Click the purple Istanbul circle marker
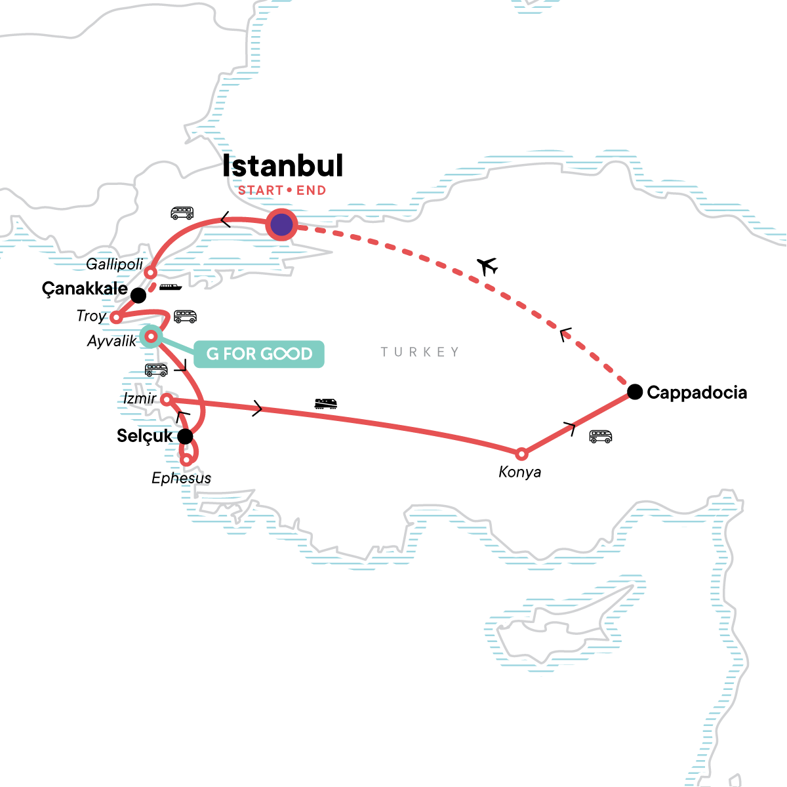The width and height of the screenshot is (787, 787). pyautogui.click(x=281, y=226)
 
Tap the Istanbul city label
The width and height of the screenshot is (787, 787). pyautogui.click(x=283, y=166)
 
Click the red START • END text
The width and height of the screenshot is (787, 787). pyautogui.click(x=282, y=191)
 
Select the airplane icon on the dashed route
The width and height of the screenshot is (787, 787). pyautogui.click(x=487, y=266)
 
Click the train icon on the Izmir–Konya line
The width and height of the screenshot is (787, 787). pyautogui.click(x=326, y=403)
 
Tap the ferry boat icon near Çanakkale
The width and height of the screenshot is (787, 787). pyautogui.click(x=171, y=287)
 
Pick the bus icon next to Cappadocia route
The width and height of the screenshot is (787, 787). pyautogui.click(x=600, y=436)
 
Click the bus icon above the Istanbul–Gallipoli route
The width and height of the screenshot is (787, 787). pyautogui.click(x=182, y=212)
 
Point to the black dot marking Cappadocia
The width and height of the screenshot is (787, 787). pyautogui.click(x=634, y=392)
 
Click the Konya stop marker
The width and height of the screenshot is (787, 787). pyautogui.click(x=521, y=454)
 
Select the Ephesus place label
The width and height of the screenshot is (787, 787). pyautogui.click(x=182, y=478)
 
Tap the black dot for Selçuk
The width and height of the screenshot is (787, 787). pyautogui.click(x=186, y=435)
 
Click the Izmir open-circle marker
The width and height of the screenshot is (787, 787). pyautogui.click(x=167, y=399)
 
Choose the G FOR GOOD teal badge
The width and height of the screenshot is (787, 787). pyautogui.click(x=259, y=354)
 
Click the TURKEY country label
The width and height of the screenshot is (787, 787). pyautogui.click(x=420, y=352)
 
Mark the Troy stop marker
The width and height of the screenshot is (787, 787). pyautogui.click(x=115, y=317)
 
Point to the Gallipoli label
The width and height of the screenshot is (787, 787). pyautogui.click(x=115, y=264)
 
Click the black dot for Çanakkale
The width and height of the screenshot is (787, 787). pyautogui.click(x=138, y=295)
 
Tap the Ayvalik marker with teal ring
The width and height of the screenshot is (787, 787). pyautogui.click(x=151, y=336)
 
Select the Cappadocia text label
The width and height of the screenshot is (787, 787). pyautogui.click(x=696, y=392)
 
